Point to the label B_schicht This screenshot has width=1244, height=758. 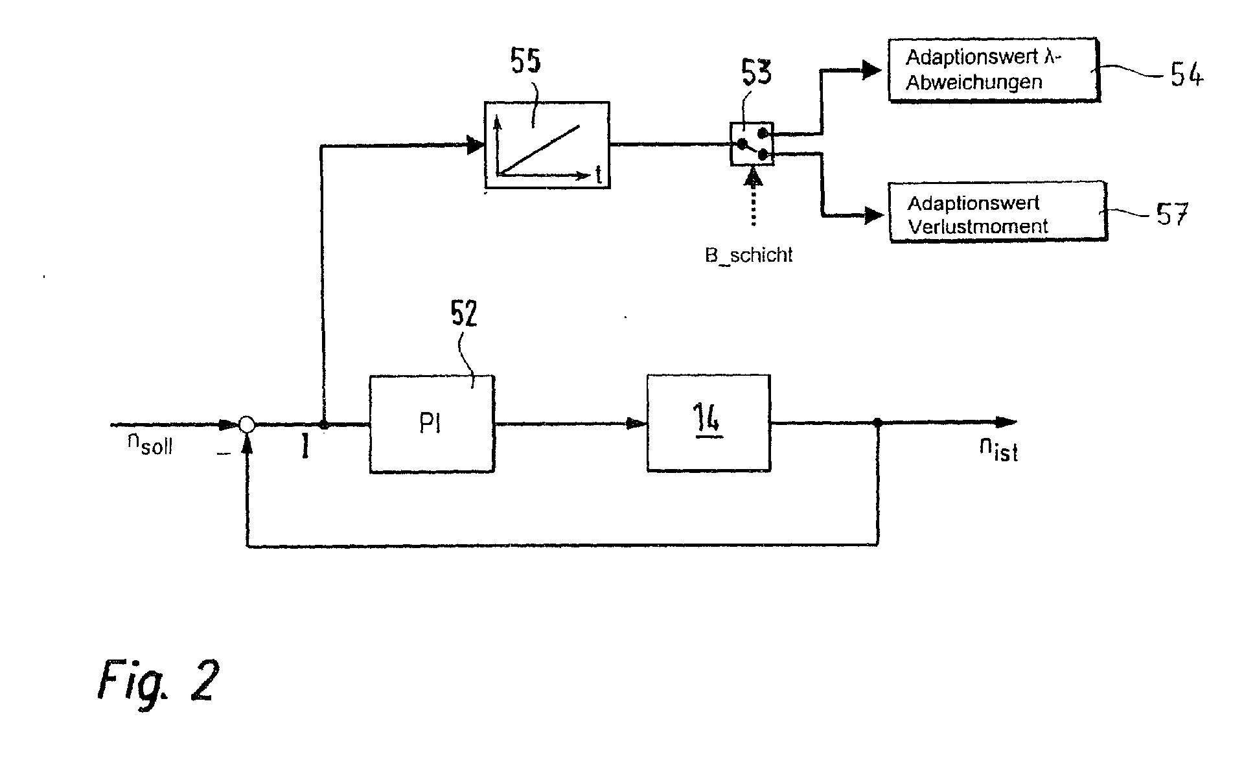click(748, 255)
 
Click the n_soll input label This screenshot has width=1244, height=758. click(150, 444)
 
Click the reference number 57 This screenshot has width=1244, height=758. click(1173, 214)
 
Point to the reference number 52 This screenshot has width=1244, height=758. click(464, 314)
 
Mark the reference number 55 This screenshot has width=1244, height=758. click(525, 62)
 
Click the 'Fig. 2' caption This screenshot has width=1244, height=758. click(158, 682)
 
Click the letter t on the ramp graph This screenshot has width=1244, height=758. click(598, 175)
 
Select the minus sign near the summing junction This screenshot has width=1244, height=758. click(224, 454)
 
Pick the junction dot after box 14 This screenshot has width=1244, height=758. click(877, 422)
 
